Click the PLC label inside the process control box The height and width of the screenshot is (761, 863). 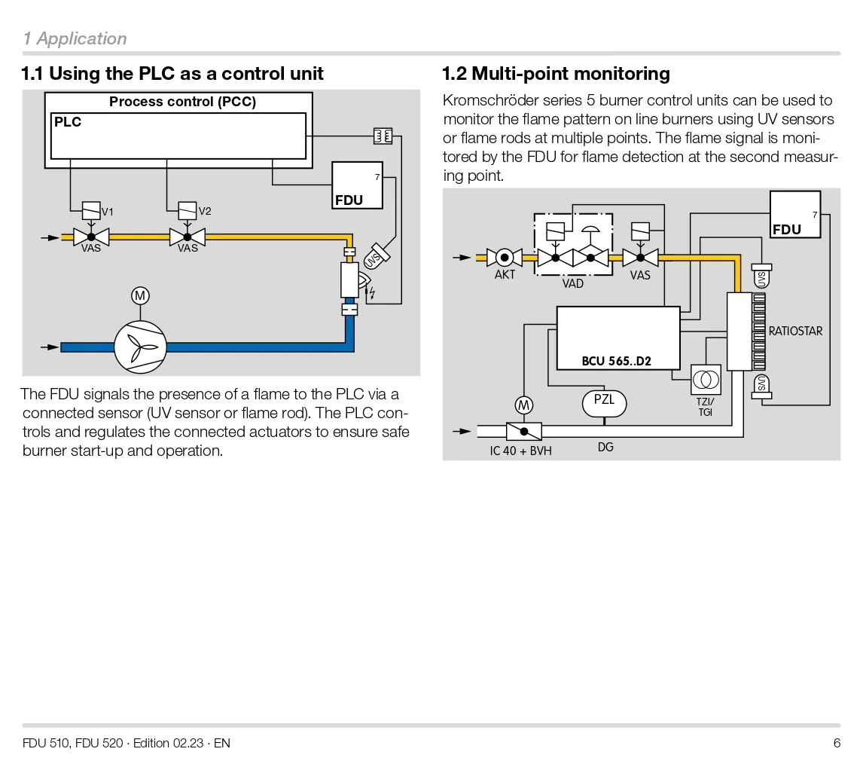pos(68,122)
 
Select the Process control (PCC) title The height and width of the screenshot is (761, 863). pos(182,102)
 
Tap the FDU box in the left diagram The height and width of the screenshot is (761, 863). pos(358,185)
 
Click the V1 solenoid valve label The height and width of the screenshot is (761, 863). pos(108,212)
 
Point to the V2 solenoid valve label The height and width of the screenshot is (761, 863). pos(205,211)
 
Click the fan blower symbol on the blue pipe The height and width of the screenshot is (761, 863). pos(140,347)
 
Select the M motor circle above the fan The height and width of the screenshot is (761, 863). pos(140,296)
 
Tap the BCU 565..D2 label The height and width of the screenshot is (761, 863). pos(616,361)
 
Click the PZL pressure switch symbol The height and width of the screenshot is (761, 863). pos(604,402)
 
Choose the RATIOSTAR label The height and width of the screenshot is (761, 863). pos(795,331)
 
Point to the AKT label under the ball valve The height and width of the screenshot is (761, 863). pos(505,275)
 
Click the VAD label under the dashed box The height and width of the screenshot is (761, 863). pos(573,284)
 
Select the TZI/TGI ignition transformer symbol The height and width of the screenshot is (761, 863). pos(706,379)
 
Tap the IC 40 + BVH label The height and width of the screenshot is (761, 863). pos(520,451)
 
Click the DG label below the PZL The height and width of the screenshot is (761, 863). pos(605,447)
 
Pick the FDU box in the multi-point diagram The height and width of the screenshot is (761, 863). pos(795,215)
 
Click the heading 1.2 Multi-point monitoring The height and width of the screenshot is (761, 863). pos(556,74)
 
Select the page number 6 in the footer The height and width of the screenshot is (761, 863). pos(837,743)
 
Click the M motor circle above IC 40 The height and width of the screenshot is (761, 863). pos(524,405)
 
